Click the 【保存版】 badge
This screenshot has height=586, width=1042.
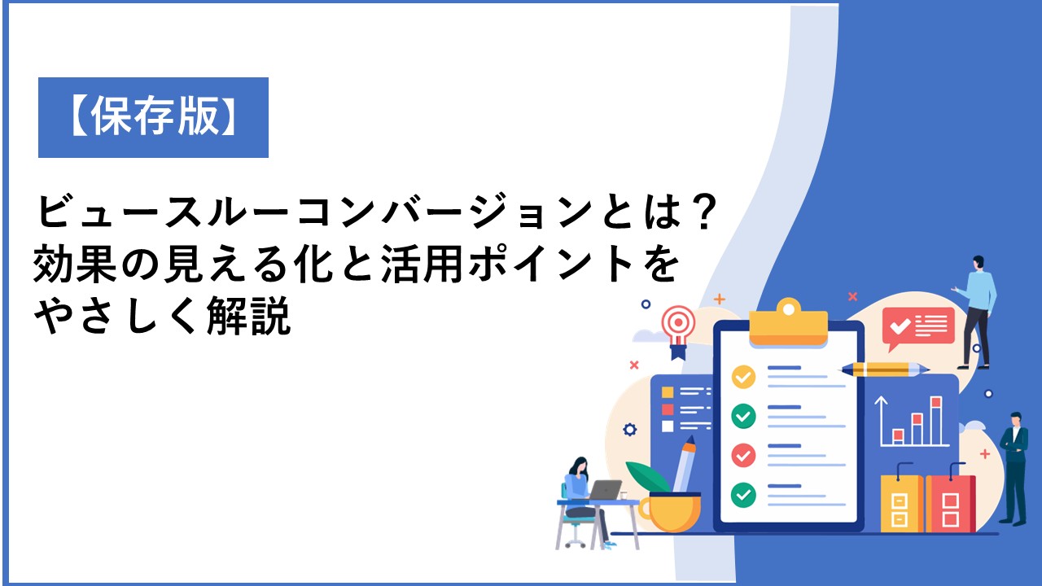tap(153, 117)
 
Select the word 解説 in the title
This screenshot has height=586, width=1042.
tap(249, 317)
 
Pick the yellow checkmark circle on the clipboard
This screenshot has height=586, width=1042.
tap(743, 377)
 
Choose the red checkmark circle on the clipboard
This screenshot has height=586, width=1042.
tap(743, 455)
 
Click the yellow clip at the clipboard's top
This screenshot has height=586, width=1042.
tap(788, 323)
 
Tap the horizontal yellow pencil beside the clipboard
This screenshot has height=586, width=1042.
tap(884, 370)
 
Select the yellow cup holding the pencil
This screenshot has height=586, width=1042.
tap(670, 511)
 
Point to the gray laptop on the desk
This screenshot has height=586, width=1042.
tap(604, 490)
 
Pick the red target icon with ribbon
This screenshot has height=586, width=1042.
tap(679, 331)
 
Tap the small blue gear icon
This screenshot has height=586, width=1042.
tap(630, 429)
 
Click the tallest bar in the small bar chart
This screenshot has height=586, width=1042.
tap(936, 421)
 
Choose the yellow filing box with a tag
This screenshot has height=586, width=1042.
tap(901, 500)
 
